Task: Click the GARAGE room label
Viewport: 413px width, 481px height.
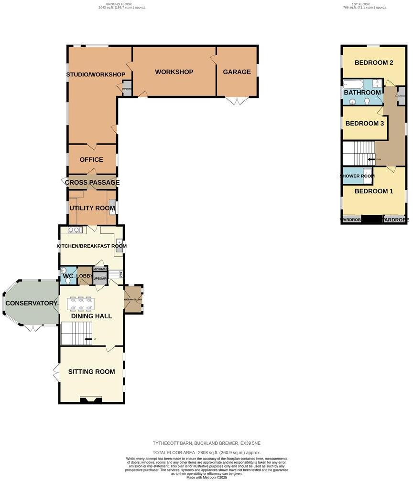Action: [237, 72]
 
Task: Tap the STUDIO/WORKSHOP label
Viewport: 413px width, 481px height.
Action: [96, 74]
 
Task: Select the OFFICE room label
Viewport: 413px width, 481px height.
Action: [91, 160]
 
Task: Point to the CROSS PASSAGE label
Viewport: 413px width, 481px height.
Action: [92, 182]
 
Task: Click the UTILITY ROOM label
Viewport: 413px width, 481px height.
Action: [92, 208]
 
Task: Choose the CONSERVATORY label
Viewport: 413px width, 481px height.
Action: [32, 303]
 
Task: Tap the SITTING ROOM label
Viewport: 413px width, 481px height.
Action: [91, 372]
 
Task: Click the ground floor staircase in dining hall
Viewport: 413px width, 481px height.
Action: [77, 333]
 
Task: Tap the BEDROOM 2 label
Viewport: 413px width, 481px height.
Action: [374, 63]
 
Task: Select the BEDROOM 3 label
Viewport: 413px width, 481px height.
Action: [365, 124]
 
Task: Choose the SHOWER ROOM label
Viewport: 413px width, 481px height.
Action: [357, 176]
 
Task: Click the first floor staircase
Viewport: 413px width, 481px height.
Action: [358, 153]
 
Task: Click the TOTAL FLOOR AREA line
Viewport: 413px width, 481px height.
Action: [206, 452]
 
